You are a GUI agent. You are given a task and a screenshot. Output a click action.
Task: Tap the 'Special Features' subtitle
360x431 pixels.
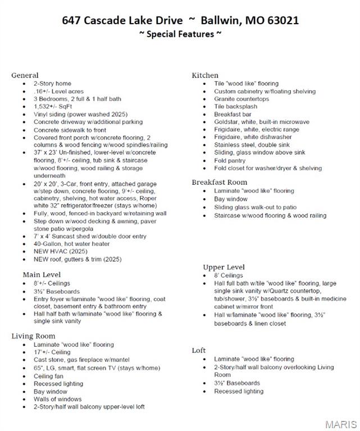coord(180,34)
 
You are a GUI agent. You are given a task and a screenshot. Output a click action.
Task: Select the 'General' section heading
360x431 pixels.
coord(25,75)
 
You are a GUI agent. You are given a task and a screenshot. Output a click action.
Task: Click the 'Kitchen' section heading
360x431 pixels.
coord(205,75)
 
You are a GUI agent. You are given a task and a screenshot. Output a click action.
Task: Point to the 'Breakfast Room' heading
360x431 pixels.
coord(220,182)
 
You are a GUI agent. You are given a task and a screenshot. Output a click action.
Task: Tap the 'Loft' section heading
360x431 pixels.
coord(199,350)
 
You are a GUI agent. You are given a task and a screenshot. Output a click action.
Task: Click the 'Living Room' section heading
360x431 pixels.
coord(33,336)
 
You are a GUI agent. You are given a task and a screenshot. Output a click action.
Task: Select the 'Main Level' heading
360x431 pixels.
coord(42,275)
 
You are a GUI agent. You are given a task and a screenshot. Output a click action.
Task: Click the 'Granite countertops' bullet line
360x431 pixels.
coord(241,99)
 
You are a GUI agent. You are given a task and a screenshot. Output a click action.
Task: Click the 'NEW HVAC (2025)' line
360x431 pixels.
coord(61,252)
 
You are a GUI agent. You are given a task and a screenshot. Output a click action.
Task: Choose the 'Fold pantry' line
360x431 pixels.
coord(230,161)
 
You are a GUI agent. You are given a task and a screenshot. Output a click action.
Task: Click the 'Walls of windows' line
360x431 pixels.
coord(57,399)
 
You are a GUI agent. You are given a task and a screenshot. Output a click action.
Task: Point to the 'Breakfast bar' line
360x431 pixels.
coord(232,114)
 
